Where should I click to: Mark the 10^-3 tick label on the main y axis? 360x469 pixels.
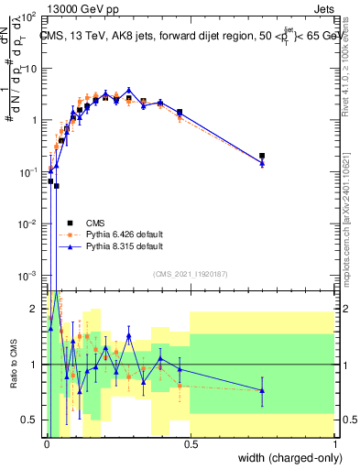[x=27, y=276]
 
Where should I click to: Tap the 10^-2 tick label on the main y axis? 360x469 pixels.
[x=27, y=224]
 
